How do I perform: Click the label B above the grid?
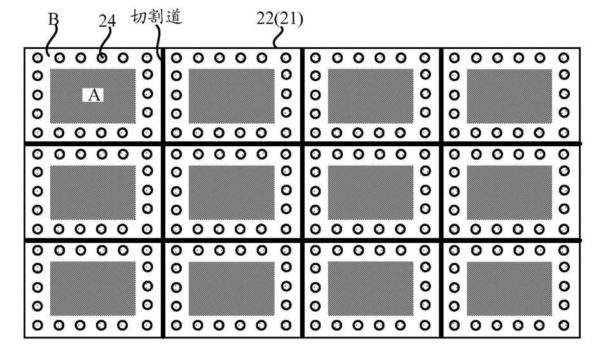[x=55, y=20]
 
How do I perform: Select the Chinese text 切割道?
[x=156, y=17]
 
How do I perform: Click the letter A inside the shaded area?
[x=93, y=95]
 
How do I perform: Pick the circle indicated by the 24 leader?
[x=102, y=58]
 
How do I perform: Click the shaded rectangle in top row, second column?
[x=231, y=96]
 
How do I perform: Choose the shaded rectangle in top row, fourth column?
[x=509, y=96]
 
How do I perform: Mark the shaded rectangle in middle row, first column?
[x=93, y=192]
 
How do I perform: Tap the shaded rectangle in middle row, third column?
[x=371, y=192]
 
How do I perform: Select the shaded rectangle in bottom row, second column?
[x=231, y=288]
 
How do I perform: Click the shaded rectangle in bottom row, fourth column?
[x=509, y=288]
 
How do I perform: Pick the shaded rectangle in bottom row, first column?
[x=93, y=288]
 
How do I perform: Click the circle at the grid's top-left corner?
[x=38, y=58]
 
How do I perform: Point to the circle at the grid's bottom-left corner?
[x=38, y=326]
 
